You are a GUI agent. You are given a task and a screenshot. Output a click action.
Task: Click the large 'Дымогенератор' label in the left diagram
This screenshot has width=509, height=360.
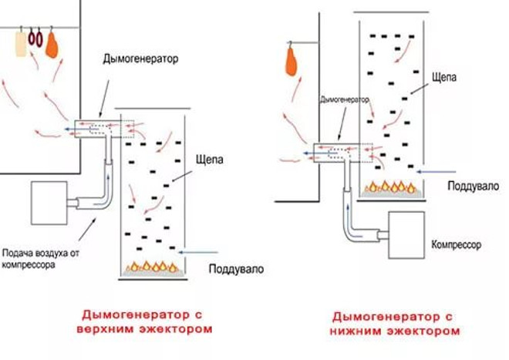140,59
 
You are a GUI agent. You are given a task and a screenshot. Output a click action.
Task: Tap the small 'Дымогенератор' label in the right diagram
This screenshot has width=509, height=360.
345,99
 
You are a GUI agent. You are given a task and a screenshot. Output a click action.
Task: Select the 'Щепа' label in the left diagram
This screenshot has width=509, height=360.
209,160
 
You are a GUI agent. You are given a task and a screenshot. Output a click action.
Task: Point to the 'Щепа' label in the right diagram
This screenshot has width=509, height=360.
444,77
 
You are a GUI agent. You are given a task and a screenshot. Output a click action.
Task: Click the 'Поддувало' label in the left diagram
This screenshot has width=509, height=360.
236,269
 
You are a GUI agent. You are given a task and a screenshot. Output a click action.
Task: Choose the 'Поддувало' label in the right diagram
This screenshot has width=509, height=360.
474,186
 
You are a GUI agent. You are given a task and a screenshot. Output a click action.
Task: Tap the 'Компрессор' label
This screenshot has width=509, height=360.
456,244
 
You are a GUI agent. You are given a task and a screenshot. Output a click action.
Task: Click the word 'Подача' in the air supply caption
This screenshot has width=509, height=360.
19,253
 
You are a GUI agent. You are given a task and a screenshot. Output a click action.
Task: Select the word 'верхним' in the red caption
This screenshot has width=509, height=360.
106,329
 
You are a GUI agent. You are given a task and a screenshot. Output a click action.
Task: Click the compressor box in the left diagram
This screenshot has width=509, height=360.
49,203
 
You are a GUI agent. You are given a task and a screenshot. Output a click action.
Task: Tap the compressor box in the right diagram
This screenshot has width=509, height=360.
406,235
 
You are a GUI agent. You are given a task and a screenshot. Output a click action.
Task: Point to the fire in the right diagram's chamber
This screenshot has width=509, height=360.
391,189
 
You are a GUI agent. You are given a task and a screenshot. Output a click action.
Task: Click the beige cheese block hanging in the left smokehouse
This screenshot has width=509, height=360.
21,44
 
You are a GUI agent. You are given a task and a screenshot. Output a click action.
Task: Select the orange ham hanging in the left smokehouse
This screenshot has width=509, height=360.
52,45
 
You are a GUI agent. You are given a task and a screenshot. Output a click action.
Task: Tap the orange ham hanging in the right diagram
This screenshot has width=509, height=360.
292,62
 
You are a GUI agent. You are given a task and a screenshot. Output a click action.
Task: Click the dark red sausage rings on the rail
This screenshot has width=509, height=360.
35,39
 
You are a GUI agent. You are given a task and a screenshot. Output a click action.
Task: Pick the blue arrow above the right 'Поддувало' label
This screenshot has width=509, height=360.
437,172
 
